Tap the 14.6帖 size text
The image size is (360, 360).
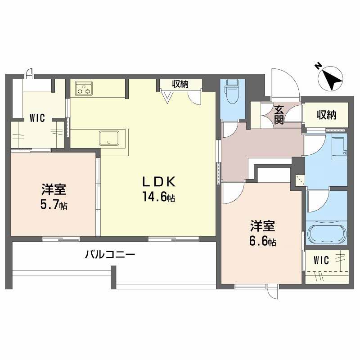(158, 197)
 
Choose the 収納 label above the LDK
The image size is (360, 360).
(180, 84)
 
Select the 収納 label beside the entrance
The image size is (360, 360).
(326, 115)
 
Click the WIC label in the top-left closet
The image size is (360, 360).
(37, 119)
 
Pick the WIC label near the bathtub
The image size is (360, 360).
(321, 260)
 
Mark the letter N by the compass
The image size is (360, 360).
(318, 66)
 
